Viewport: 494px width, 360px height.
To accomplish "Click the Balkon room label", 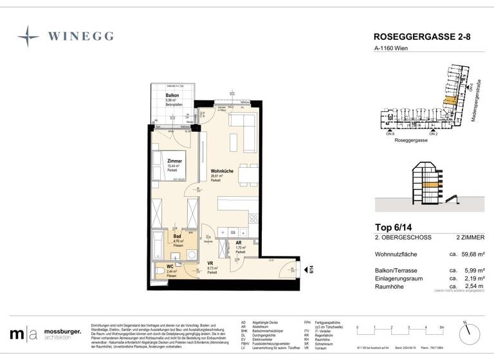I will [x=172, y=95].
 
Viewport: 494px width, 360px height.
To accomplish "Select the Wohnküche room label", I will [x=221, y=171].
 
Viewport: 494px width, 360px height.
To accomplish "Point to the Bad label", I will [x=177, y=237].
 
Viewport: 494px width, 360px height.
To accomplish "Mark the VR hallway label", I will [x=210, y=264].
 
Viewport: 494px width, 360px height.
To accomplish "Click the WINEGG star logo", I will [x=28, y=37].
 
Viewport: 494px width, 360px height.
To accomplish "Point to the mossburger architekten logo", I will [x=45, y=334].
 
